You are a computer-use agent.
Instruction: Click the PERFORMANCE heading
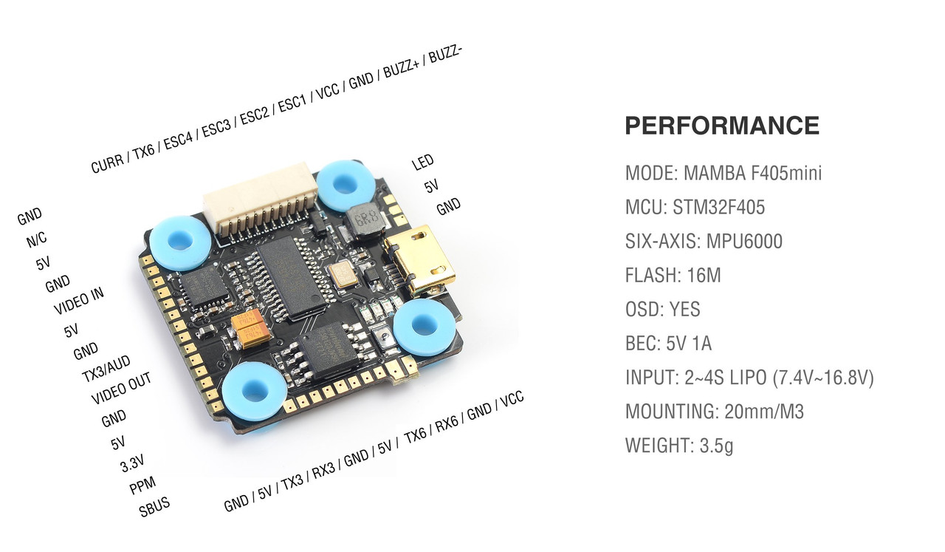point(722,126)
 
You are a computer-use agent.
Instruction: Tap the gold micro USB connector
point(420,259)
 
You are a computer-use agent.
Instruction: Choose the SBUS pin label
point(154,506)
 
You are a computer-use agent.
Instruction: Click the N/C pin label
point(37,239)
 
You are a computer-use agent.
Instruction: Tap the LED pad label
point(422,162)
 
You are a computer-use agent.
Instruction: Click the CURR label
point(107,163)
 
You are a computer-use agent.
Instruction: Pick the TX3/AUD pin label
point(106,369)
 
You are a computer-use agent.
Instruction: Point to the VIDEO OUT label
point(121,388)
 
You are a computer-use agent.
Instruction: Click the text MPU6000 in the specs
point(744,241)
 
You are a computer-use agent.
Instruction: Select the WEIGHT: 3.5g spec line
point(679,446)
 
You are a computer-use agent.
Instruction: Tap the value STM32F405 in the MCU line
point(718,208)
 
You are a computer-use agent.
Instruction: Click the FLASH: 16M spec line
point(673,276)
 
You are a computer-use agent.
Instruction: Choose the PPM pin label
point(142,485)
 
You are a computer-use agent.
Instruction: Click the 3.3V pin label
point(132,463)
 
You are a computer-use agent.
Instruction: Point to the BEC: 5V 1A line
point(668,344)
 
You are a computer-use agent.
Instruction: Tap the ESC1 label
point(292,102)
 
